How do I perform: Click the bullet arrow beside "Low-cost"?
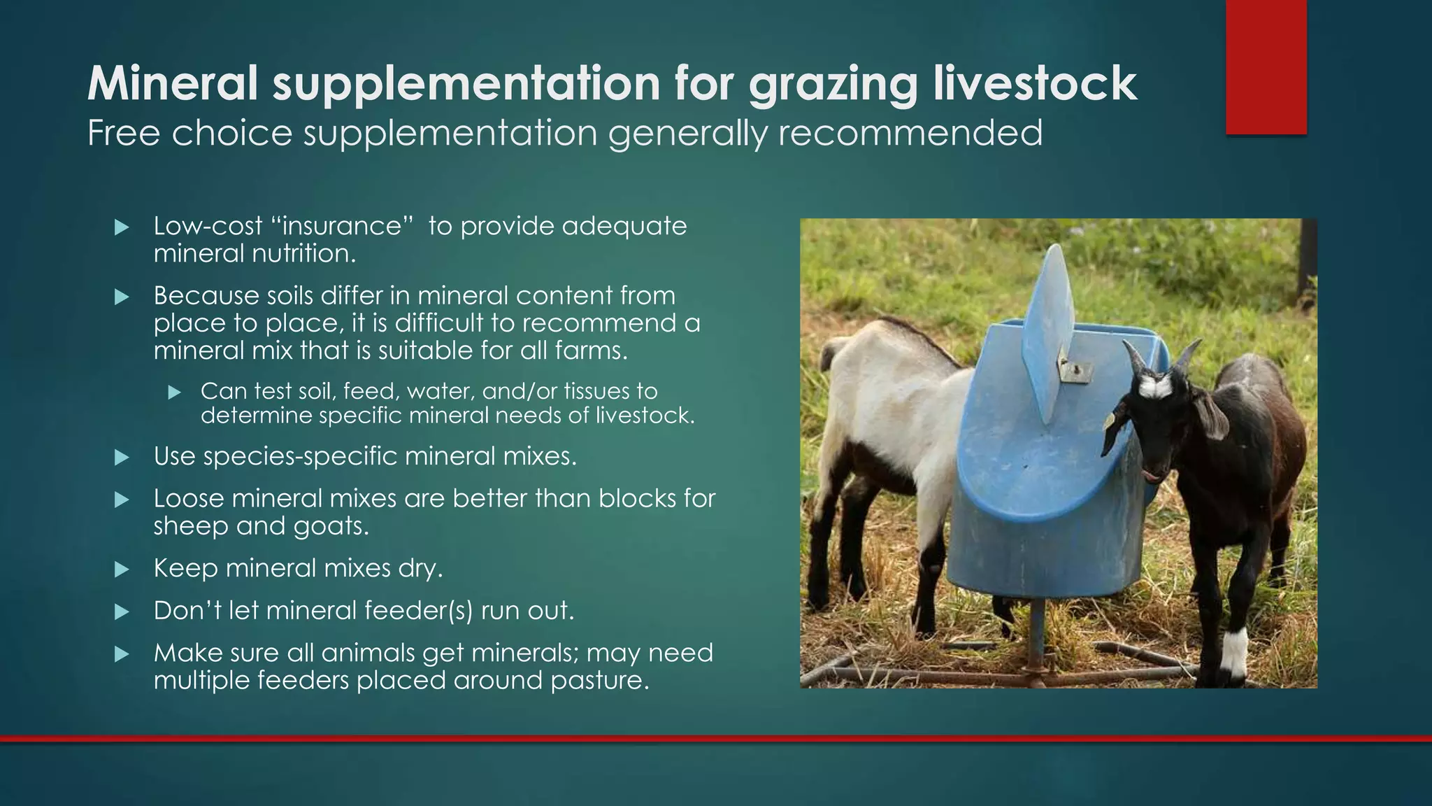pos(122,227)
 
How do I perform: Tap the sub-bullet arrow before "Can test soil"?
pos(174,393)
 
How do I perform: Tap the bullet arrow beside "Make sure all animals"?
pos(122,654)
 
